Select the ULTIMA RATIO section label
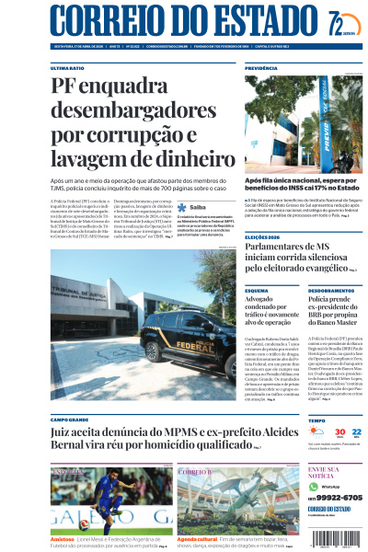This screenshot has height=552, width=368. pyautogui.click(x=66, y=68)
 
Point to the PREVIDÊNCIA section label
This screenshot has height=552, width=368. pyautogui.click(x=261, y=68)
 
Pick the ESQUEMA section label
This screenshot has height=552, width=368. pyautogui.click(x=257, y=291)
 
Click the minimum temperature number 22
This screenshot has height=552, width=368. pyautogui.click(x=356, y=431)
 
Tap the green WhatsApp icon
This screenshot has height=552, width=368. pyautogui.click(x=315, y=486)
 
